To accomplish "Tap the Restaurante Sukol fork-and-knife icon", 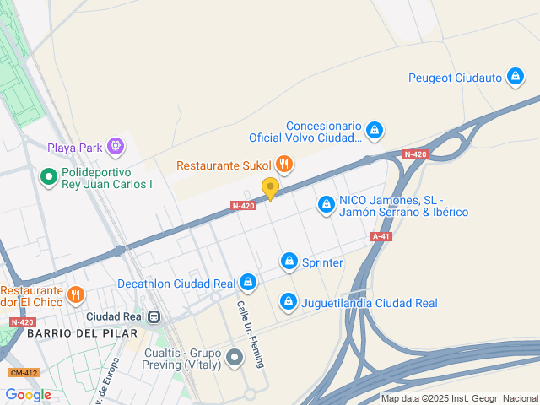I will [x=284, y=165].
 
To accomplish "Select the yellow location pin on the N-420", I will [x=270, y=188].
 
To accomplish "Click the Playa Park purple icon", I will [x=116, y=148].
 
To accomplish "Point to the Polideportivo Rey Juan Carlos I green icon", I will [x=48, y=177].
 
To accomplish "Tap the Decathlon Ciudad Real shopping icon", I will [x=247, y=283].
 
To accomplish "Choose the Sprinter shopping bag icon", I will [x=289, y=262].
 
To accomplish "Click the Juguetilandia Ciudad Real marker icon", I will [x=289, y=302].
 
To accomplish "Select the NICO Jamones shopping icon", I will [x=327, y=204].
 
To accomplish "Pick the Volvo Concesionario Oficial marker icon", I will [x=375, y=131].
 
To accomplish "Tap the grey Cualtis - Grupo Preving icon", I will [x=235, y=359].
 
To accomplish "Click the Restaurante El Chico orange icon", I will [x=76, y=294].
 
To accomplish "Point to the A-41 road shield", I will [x=381, y=237].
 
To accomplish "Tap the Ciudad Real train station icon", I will [x=154, y=317].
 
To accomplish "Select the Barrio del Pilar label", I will [x=81, y=333].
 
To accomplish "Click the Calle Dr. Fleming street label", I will [x=251, y=334].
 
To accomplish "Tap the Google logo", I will [x=28, y=395].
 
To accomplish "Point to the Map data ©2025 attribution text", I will [x=459, y=399].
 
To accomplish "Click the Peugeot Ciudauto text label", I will [x=455, y=78].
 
